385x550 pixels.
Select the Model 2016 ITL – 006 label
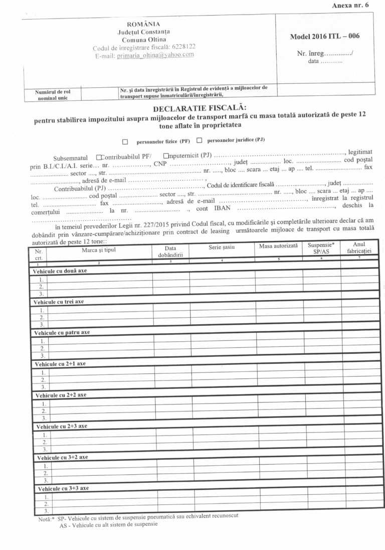pyautogui.click(x=324, y=36)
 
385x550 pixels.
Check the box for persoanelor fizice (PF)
pyautogui.click(x=125, y=142)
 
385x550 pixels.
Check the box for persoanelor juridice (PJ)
pyautogui.click(x=199, y=141)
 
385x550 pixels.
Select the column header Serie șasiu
pyautogui.click(x=222, y=247)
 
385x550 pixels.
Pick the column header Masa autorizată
pyautogui.click(x=278, y=246)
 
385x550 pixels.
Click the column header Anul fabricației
pyautogui.click(x=358, y=247)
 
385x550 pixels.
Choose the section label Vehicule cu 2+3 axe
pyautogui.click(x=62, y=426)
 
